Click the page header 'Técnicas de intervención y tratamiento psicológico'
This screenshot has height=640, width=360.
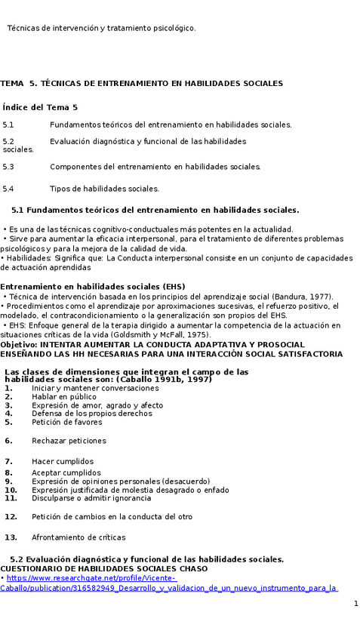(x=101, y=28)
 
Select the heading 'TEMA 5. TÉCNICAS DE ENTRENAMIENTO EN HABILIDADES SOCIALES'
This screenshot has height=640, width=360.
(x=141, y=83)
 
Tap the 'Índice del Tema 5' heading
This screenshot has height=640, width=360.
(x=40, y=108)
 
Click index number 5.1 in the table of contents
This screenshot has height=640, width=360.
(x=8, y=125)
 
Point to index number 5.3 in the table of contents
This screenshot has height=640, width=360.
(x=8, y=167)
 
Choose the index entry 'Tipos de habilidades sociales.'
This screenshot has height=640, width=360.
(x=104, y=189)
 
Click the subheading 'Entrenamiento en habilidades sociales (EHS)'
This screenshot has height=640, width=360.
(x=92, y=287)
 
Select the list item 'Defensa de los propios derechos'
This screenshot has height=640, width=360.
(x=92, y=414)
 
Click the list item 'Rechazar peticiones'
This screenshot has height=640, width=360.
(x=69, y=441)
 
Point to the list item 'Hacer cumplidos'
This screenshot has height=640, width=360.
(x=63, y=461)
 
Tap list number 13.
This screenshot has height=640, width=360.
(x=11, y=537)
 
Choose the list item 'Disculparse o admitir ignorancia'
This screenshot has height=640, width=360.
(x=91, y=498)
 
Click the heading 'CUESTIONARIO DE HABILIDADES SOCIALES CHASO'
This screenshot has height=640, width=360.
(x=99, y=568)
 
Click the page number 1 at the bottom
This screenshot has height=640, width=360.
(x=355, y=605)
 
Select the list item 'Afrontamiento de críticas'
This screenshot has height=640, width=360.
(x=78, y=537)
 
